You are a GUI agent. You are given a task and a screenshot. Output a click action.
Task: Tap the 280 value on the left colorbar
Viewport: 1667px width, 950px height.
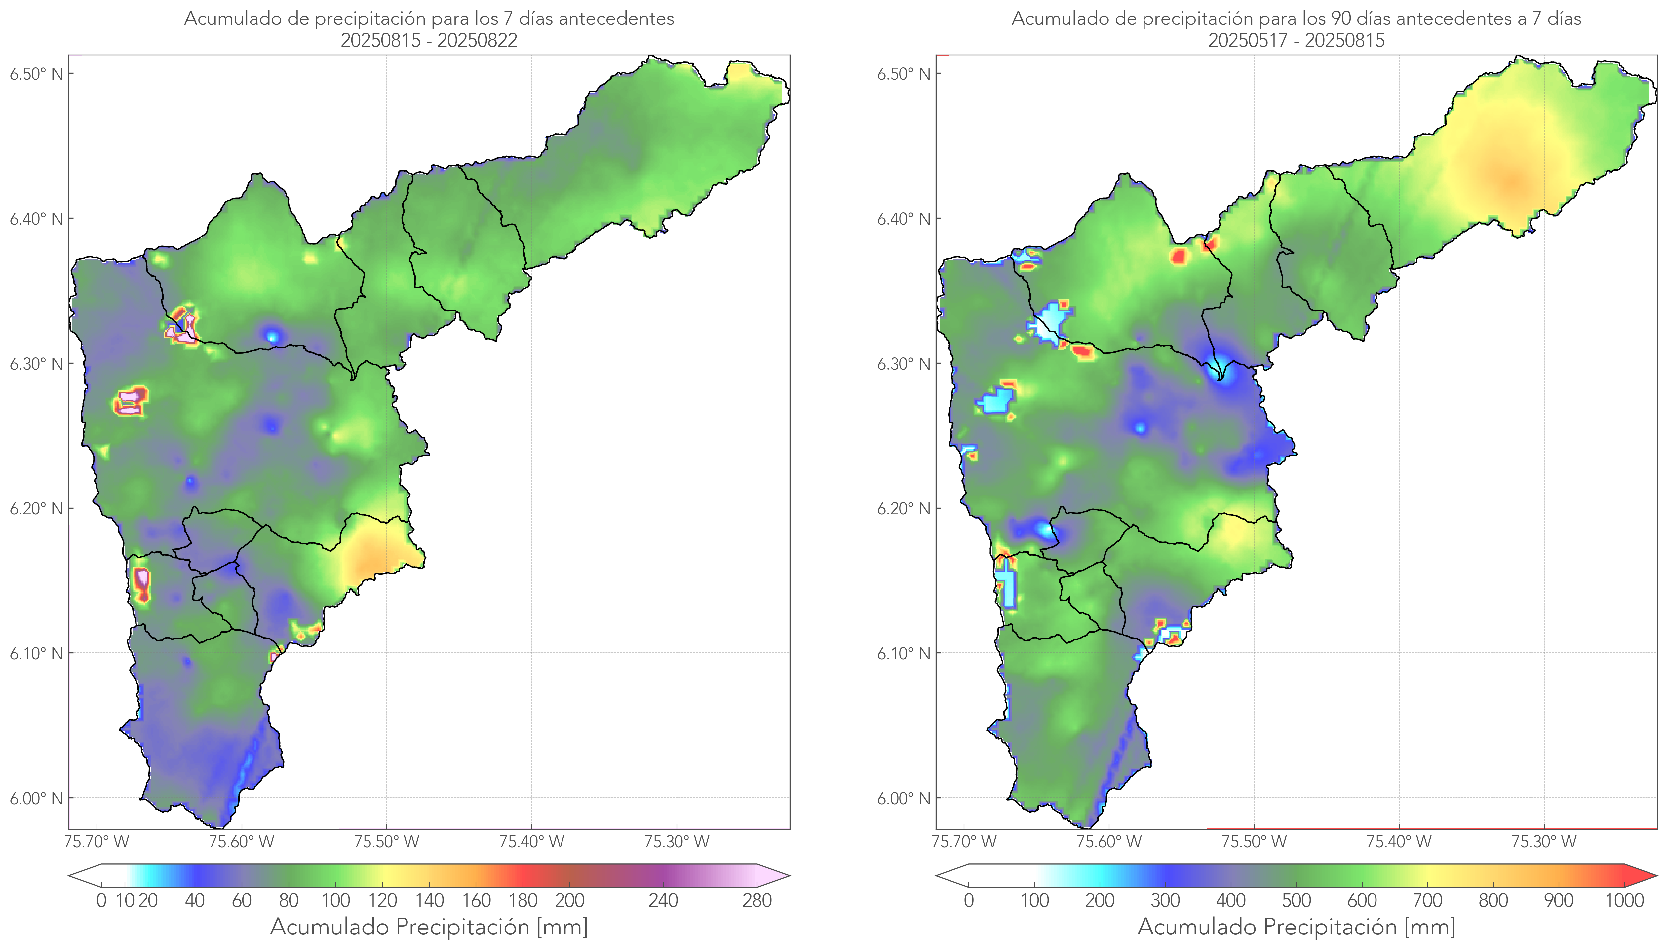click(x=757, y=901)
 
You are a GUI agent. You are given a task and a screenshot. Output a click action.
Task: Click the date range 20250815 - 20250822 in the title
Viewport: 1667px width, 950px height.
click(x=429, y=40)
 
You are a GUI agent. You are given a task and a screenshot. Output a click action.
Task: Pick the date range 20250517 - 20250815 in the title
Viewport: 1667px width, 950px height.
click(x=1296, y=40)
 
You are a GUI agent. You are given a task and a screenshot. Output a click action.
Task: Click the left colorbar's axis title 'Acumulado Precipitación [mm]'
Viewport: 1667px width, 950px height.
click(x=429, y=927)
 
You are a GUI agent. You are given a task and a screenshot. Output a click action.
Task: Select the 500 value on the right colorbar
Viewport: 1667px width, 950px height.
click(x=1296, y=901)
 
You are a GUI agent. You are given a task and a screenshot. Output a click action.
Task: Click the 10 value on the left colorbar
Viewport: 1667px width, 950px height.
click(x=125, y=901)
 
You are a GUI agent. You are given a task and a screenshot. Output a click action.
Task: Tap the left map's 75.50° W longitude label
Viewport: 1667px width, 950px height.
click(x=386, y=842)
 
